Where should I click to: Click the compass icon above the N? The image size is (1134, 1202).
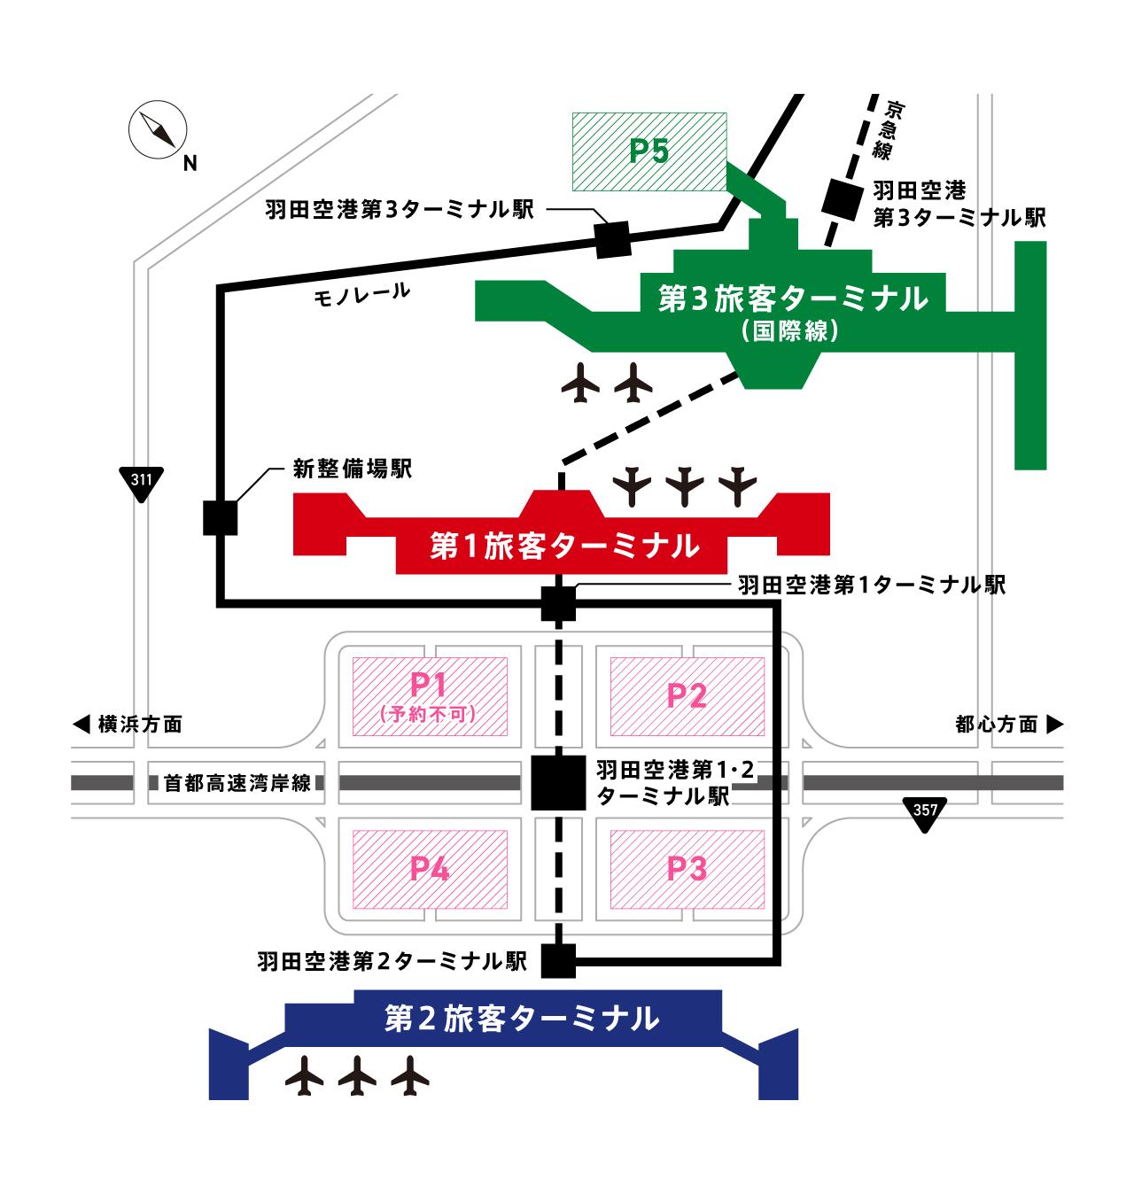click(159, 130)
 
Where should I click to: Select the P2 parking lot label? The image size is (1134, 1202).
click(687, 696)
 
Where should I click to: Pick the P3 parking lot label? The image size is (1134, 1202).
click(687, 869)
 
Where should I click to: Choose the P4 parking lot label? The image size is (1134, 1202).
click(430, 869)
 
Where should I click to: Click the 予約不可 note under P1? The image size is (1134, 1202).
click(430, 714)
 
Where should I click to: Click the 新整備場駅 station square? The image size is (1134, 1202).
click(220, 518)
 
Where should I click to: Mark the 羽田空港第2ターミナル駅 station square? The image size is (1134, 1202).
click(558, 960)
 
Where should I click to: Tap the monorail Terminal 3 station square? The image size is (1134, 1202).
click(612, 239)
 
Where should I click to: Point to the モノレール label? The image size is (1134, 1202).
click(362, 294)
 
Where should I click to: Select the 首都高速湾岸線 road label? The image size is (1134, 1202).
click(237, 783)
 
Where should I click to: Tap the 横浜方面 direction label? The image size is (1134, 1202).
click(128, 725)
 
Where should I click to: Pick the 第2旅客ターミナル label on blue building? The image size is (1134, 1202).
click(523, 1018)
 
